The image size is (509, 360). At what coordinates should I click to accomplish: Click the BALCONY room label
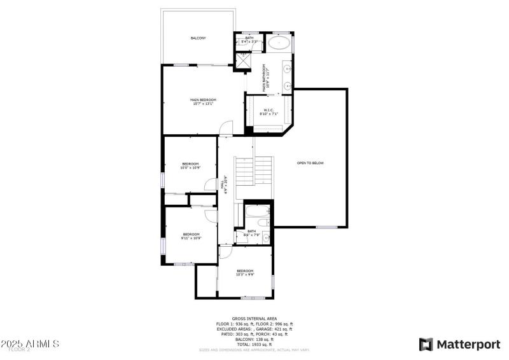click(198, 38)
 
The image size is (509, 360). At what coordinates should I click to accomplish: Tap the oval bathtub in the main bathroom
click(278, 43)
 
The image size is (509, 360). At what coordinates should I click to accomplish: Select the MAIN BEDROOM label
click(203, 100)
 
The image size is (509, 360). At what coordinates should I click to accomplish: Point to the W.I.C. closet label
click(268, 110)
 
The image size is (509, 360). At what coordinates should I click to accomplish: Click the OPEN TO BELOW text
click(310, 163)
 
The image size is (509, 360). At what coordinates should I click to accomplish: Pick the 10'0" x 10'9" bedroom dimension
click(190, 169)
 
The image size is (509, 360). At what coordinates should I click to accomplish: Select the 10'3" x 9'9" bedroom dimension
click(245, 275)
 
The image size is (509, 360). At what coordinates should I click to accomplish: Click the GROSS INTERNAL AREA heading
click(254, 318)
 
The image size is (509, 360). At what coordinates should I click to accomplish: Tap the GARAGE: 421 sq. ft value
click(273, 328)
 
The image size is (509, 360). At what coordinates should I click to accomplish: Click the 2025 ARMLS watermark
click(30, 344)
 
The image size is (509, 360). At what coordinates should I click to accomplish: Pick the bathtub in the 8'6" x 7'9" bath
click(257, 212)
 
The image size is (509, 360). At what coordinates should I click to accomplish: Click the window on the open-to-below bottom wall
click(326, 226)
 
